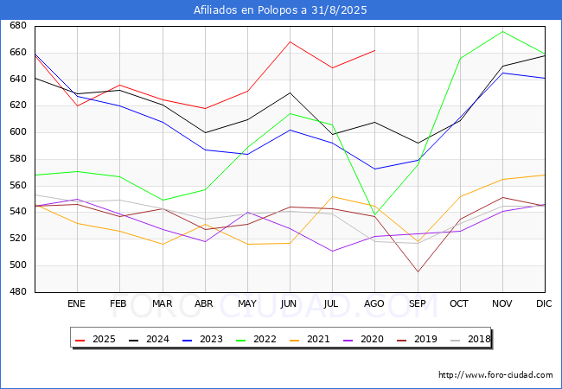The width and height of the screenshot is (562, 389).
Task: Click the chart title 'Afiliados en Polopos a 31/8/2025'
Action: point(281,10)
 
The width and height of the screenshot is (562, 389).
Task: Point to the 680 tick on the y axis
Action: point(17,26)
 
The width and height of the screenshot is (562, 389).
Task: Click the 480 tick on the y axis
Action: point(17,292)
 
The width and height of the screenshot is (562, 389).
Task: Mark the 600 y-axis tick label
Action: point(17,132)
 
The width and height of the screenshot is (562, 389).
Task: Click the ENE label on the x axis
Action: point(77,304)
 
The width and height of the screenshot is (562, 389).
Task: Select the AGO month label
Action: point(374,304)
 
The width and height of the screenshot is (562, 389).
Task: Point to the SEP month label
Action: point(417,304)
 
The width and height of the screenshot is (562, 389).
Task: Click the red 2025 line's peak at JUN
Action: point(290,41)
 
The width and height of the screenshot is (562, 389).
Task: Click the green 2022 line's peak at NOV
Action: point(502,31)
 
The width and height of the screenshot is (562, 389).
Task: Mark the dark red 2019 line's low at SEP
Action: point(417,272)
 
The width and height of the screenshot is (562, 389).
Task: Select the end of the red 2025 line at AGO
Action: point(374,50)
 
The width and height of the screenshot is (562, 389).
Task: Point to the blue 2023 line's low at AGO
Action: point(374,169)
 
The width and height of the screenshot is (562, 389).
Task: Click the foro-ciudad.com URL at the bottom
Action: point(495,375)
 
